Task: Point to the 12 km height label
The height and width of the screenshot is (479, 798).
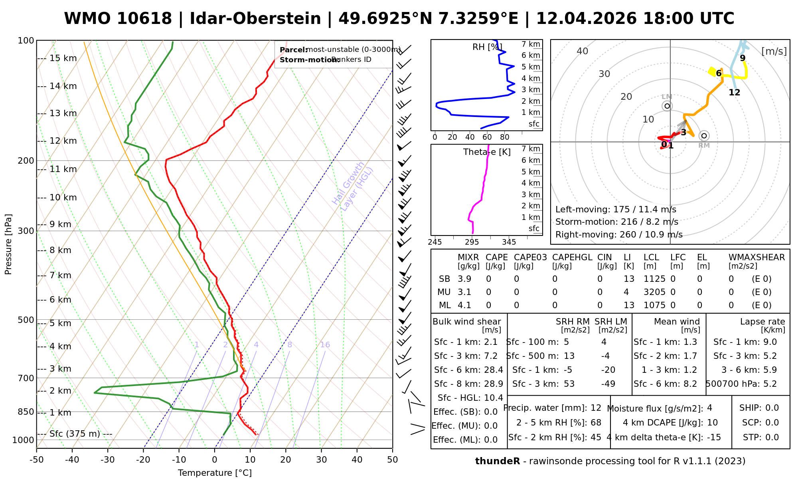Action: (63, 141)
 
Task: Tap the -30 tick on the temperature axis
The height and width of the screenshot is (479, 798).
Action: (108, 460)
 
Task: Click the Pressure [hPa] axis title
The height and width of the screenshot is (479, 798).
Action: (8, 244)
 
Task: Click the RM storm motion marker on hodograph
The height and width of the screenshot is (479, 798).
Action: (704, 136)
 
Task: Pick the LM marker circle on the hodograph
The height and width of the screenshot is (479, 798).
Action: (667, 106)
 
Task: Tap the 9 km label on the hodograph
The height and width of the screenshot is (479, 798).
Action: (743, 58)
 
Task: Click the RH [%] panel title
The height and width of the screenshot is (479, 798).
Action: (487, 47)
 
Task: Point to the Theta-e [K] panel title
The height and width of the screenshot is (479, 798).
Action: (487, 152)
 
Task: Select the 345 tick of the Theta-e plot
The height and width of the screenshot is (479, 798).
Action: (509, 242)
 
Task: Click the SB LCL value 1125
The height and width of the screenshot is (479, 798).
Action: (654, 279)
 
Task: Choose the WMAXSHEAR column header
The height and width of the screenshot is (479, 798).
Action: (757, 257)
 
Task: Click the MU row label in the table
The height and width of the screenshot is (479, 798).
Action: (444, 292)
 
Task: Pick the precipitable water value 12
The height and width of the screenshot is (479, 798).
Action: (596, 408)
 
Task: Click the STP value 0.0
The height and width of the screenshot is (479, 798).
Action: (772, 437)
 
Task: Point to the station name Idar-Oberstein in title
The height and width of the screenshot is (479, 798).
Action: (255, 18)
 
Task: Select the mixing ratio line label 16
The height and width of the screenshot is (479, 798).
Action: (325, 345)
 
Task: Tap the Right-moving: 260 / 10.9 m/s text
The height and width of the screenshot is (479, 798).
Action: (618, 235)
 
